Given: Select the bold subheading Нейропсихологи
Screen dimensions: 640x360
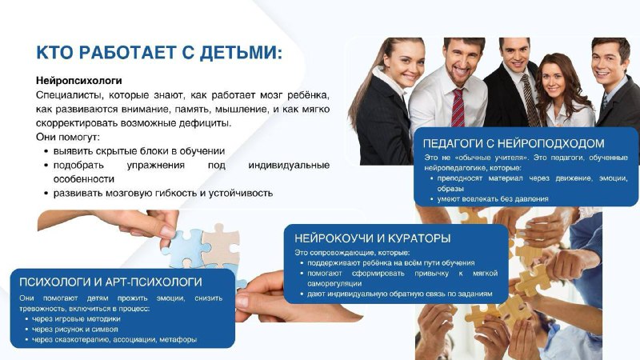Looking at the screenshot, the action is pos(78,81).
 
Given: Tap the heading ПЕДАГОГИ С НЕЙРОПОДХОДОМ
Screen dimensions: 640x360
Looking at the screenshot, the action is pos(514,143).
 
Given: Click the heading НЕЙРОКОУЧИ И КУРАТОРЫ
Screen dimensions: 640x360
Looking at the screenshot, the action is pos(372,238).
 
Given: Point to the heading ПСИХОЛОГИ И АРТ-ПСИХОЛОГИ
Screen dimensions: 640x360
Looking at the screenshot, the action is pos(110,282).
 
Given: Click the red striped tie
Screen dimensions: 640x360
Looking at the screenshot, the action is pos(458,108).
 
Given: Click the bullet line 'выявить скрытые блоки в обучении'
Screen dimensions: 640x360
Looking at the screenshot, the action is pos(139,151).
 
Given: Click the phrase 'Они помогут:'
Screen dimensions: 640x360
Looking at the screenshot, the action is pos(68,137).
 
